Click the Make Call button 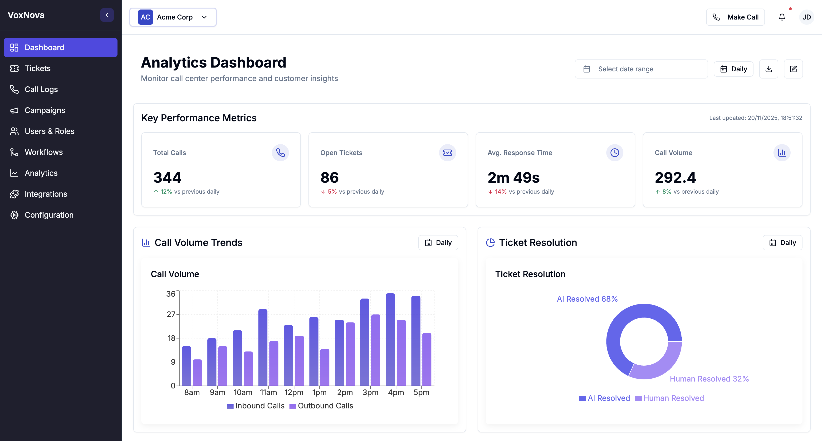(x=735, y=17)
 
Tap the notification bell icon (x=782, y=17)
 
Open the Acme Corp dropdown (x=173, y=17)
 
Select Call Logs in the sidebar (x=41, y=89)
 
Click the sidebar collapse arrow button (x=107, y=15)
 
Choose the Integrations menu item (x=46, y=194)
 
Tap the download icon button (x=768, y=69)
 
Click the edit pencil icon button (x=793, y=69)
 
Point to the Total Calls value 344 (x=167, y=177)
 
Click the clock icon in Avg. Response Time (x=615, y=153)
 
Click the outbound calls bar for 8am (x=197, y=372)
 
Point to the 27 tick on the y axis (x=171, y=314)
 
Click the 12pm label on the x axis (x=294, y=392)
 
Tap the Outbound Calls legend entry (x=321, y=406)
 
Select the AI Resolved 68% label (x=587, y=299)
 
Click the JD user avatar (x=806, y=17)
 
